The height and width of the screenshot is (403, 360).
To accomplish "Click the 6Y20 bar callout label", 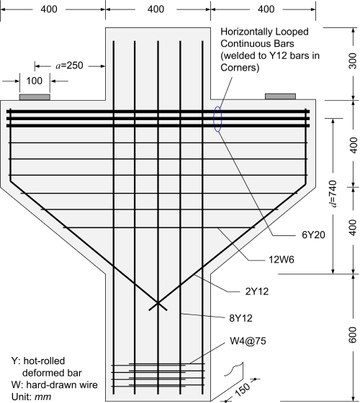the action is click(313, 235).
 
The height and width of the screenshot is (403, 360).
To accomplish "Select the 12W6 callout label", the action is click(282, 260).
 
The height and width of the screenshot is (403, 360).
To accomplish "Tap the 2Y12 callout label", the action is click(257, 291).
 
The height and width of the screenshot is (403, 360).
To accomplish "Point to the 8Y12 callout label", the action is click(240, 318).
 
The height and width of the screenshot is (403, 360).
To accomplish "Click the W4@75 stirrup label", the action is click(248, 341).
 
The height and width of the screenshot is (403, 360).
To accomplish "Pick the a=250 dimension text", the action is click(69, 65).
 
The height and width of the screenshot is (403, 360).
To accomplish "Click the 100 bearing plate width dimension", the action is click(35, 81).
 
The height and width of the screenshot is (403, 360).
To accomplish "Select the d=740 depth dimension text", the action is click(333, 194).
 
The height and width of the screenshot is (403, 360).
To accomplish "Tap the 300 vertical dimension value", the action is click(353, 61).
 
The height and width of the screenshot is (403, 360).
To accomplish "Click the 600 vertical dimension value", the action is click(353, 335).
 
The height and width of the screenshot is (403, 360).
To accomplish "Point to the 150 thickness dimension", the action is click(242, 389).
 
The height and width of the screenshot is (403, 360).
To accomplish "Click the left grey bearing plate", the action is click(35, 97).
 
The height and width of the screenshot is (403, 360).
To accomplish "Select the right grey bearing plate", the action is click(280, 96).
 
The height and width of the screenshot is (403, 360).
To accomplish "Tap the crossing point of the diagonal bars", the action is click(158, 303).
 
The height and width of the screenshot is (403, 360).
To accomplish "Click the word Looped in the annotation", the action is click(292, 32).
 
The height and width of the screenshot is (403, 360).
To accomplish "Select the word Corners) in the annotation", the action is click(240, 68).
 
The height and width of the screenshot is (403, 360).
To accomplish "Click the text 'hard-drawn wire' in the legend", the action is click(62, 385).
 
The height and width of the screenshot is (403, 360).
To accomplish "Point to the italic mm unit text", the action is click(42, 397).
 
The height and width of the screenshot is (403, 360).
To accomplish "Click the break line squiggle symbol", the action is click(233, 369).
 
